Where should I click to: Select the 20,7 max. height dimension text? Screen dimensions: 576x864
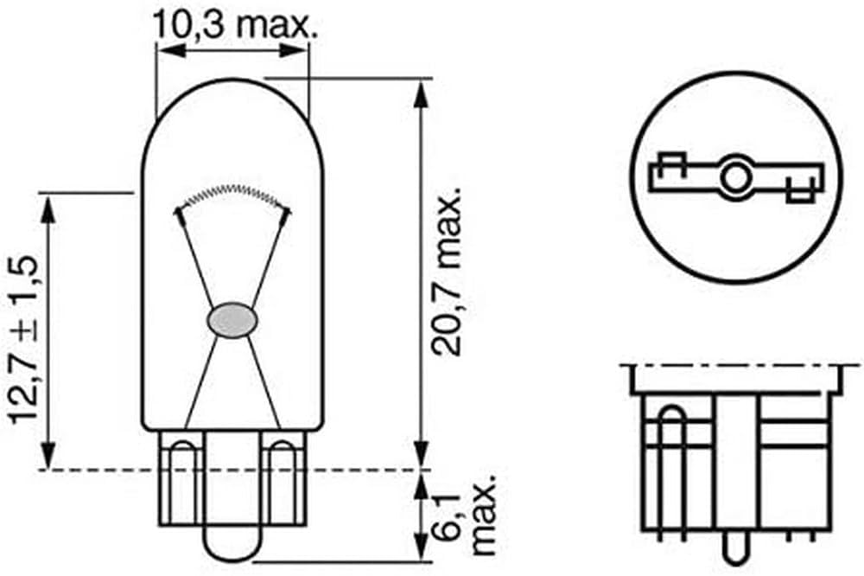pyautogui.click(x=448, y=272)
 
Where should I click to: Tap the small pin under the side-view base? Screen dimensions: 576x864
pyautogui.click(x=734, y=547)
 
